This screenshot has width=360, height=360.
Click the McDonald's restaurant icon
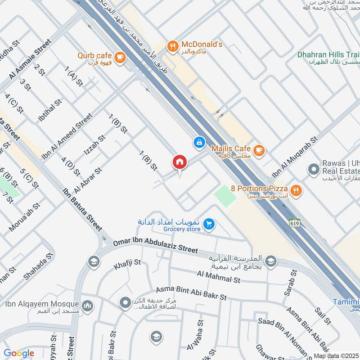point(172,45)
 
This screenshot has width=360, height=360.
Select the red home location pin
point(179,162)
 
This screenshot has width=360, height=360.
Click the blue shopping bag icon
point(198,143)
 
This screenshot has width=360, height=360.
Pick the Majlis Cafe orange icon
point(258,150)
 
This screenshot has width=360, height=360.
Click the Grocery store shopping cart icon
point(208,224)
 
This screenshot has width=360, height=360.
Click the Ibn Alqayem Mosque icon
point(87,306)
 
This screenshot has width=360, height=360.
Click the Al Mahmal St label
point(219,277)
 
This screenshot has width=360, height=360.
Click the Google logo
point(19,353)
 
